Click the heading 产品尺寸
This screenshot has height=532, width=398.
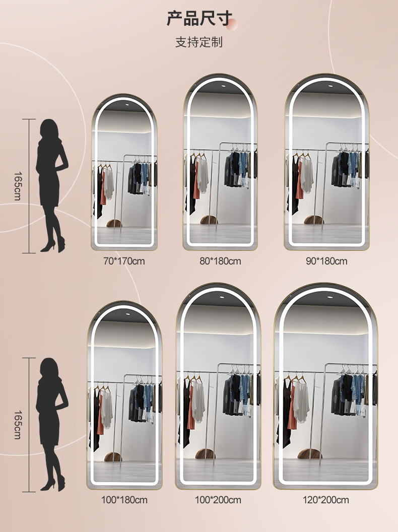200,18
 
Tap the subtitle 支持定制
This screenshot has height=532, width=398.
199,42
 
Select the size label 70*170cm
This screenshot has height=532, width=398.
124,261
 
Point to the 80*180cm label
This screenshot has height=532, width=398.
220,261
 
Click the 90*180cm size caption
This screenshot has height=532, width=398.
326,261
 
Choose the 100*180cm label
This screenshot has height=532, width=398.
124,500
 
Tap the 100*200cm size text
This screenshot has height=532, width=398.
218,500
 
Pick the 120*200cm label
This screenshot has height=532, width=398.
326,500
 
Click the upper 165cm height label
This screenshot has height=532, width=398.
18,186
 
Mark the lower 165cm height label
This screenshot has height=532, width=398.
18,425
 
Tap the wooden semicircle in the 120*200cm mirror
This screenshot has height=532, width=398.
310,453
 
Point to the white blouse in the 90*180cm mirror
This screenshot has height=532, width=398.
307,174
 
